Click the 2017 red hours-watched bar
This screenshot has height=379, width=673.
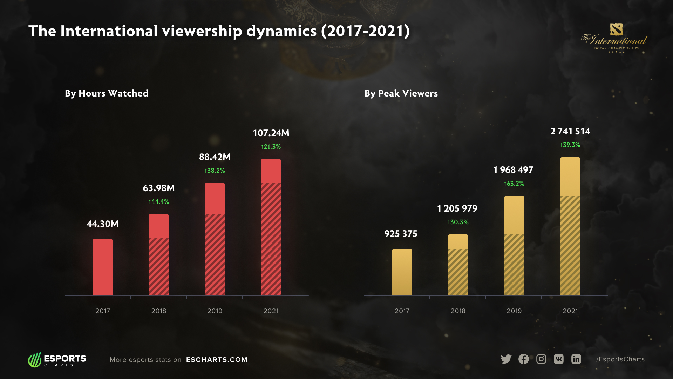(103, 267)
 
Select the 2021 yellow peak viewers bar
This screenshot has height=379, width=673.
(570, 226)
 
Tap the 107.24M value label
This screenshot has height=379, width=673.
(271, 133)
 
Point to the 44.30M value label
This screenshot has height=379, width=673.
(103, 224)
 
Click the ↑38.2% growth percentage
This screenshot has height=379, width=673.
(215, 171)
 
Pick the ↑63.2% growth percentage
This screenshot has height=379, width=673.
(514, 184)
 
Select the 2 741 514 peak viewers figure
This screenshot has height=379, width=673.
(570, 132)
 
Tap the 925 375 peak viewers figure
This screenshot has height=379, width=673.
(401, 234)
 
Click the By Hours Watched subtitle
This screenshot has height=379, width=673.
(107, 93)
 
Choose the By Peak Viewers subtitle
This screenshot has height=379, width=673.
(401, 93)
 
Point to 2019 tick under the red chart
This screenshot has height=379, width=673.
(215, 311)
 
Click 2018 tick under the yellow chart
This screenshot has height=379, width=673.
(458, 311)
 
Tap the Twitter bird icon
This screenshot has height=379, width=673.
(506, 359)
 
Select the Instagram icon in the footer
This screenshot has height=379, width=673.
(541, 359)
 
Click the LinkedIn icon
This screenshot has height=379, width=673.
(576, 359)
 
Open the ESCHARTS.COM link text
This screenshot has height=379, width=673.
(217, 360)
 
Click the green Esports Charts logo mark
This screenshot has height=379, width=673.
(35, 360)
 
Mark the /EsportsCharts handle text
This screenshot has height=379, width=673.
(620, 359)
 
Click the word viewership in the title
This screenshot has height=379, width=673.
(202, 31)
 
